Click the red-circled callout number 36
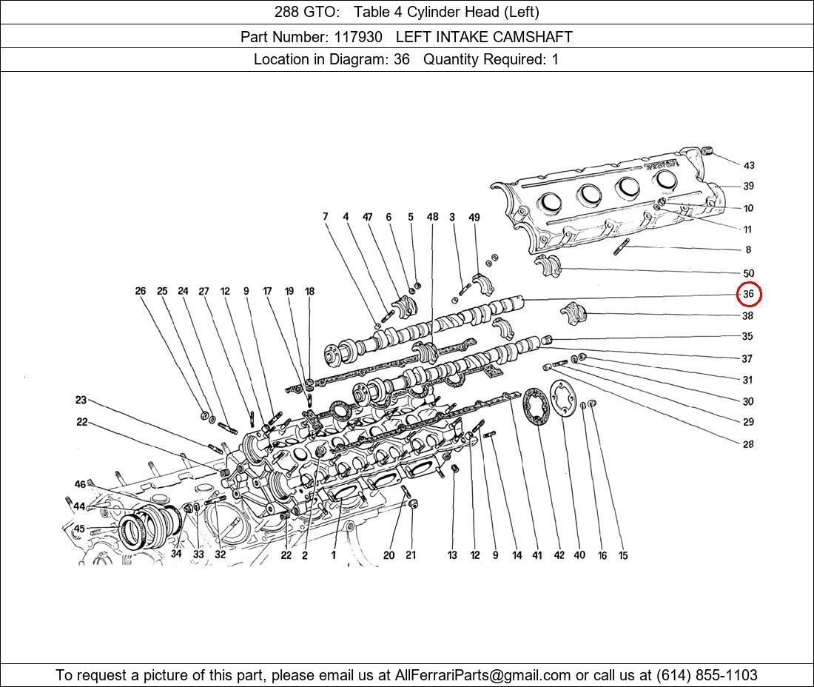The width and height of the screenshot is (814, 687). tap(748, 294)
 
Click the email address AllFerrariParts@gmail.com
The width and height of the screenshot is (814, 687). tap(483, 674)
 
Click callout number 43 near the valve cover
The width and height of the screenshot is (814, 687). tap(748, 165)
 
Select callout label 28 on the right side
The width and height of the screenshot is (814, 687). tap(748, 444)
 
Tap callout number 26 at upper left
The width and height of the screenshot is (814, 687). tap(141, 291)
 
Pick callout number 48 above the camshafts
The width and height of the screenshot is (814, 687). tap(432, 217)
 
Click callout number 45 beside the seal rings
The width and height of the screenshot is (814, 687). tap(79, 529)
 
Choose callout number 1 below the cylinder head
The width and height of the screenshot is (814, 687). tap(334, 555)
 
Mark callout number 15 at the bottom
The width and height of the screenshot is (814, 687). tap(623, 555)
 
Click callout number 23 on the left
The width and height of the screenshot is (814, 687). tap(81, 400)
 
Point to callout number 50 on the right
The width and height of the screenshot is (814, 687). tap(748, 273)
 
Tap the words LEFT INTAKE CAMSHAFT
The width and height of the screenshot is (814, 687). tap(484, 36)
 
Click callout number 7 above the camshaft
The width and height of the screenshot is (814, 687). tap(325, 217)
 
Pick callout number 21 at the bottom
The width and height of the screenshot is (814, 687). tap(411, 555)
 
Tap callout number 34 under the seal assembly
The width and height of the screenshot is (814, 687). tap(176, 554)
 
